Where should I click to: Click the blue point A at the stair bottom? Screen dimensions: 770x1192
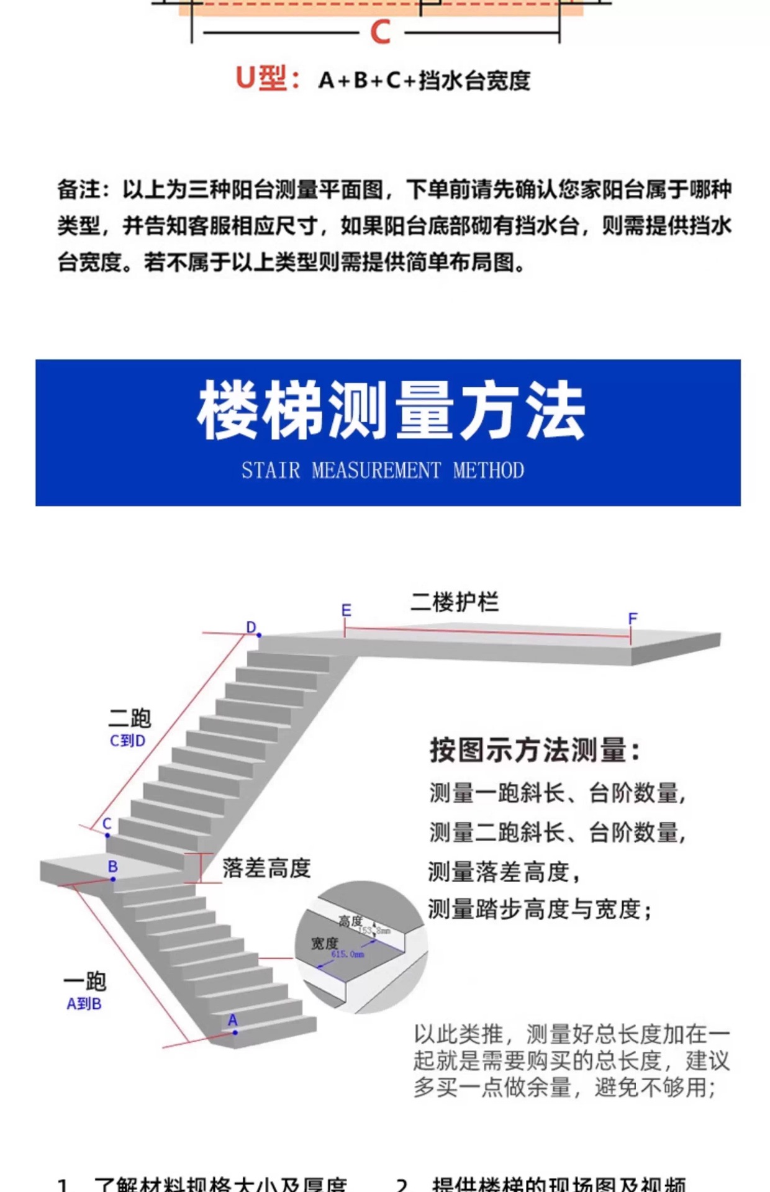pos(235,1032)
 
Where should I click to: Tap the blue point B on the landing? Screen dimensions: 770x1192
pos(113,879)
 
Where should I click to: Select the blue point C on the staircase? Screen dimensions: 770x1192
pos(107,835)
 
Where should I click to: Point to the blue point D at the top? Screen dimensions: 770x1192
pos(259,635)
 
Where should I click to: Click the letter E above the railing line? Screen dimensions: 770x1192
pos(346,610)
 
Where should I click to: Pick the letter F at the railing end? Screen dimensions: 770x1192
pos(633,618)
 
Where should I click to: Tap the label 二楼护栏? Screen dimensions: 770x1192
pos(454,602)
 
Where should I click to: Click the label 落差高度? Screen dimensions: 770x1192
pos(266,868)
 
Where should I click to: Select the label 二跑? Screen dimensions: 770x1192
pos(130,718)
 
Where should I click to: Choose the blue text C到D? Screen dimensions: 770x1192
pos(127,741)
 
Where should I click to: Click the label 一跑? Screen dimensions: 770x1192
pos(85,982)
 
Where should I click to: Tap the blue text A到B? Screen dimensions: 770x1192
pos(84,1004)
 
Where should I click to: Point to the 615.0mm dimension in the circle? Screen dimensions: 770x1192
pos(348,954)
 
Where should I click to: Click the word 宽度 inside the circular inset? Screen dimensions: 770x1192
pos(324,944)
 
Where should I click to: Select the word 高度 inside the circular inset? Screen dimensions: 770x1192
pos(350,921)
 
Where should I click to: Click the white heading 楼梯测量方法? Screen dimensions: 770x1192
pos(391,412)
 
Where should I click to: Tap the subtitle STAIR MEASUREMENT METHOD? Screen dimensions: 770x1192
pos(383,471)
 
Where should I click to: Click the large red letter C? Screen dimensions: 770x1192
pos(380,32)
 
